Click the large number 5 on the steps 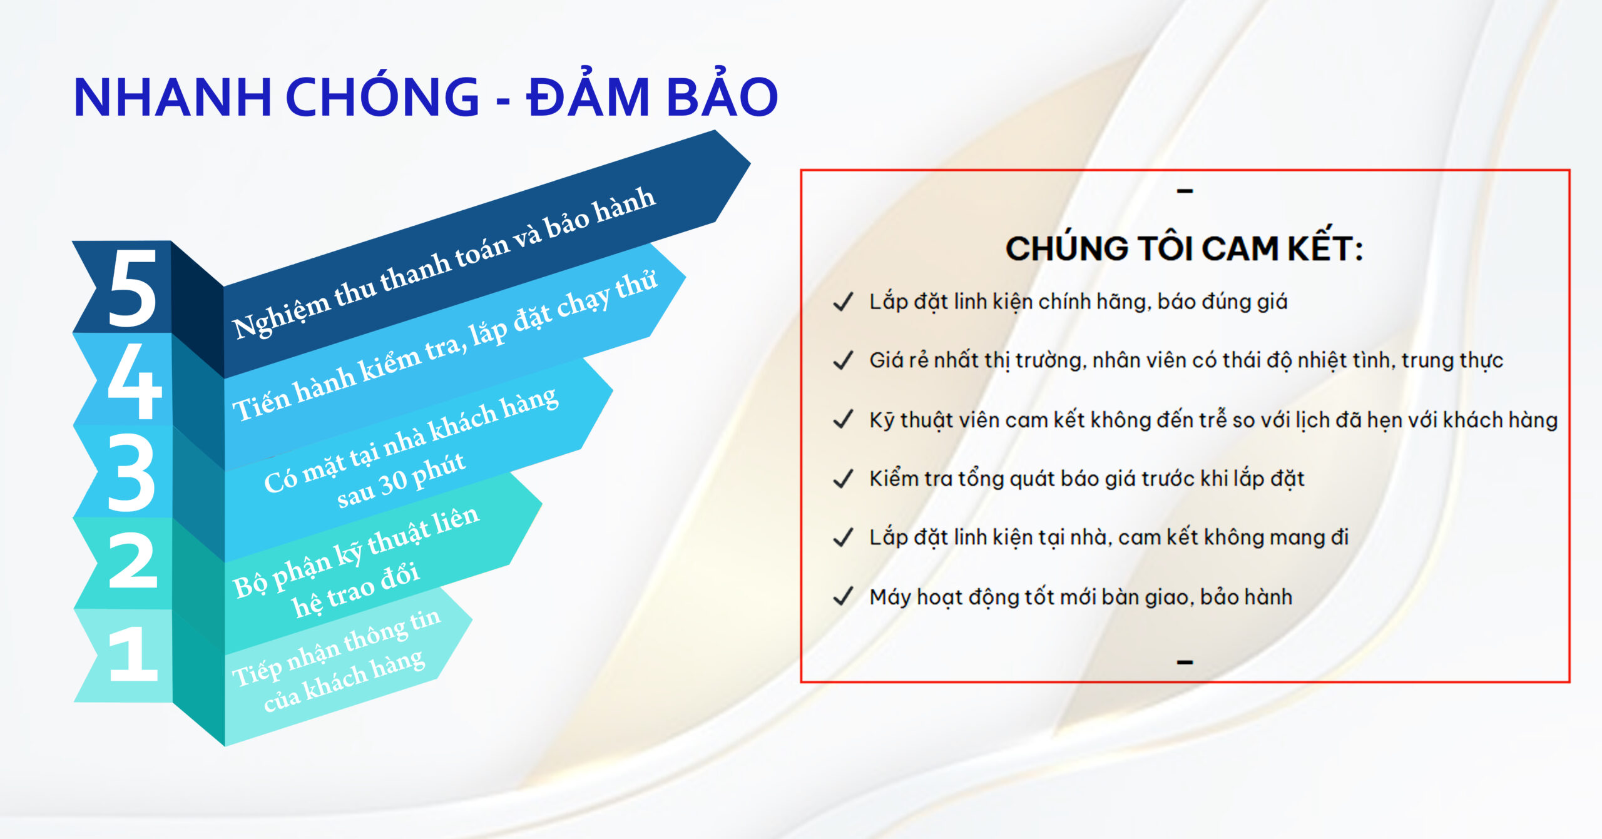tap(132, 288)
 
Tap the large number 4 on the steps tap(134, 380)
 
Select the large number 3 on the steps tap(131, 472)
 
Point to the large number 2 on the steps tap(132, 561)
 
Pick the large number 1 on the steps tap(133, 653)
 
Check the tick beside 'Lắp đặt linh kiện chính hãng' tap(843, 302)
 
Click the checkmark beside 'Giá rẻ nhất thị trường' tap(843, 360)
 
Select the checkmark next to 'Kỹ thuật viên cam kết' tap(843, 419)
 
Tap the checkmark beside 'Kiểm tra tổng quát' tap(843, 479)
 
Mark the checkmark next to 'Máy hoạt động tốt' tap(843, 597)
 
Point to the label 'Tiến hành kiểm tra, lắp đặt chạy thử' tap(445, 347)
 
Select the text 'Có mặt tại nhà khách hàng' tap(411, 440)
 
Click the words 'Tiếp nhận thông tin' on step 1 tap(337, 648)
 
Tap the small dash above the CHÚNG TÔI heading tap(1185, 191)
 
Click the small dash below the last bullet tap(1185, 661)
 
